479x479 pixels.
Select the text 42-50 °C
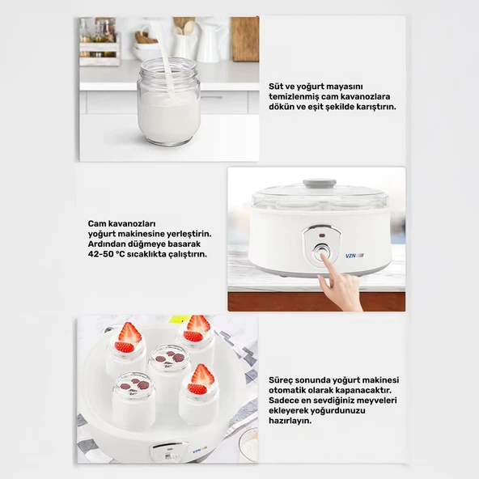[x=106, y=254]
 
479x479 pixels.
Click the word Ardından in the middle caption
[x=104, y=244]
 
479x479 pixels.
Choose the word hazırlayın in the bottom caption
[x=286, y=421]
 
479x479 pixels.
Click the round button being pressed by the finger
[x=321, y=253]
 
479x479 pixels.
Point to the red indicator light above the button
[x=322, y=235]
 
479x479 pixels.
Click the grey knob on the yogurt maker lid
[x=320, y=184]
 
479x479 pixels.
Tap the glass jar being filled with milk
[x=169, y=102]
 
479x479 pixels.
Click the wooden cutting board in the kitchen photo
[x=244, y=39]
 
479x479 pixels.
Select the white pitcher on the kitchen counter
[x=212, y=44]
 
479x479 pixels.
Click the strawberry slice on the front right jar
[x=201, y=375]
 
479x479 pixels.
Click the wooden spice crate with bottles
[x=100, y=42]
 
